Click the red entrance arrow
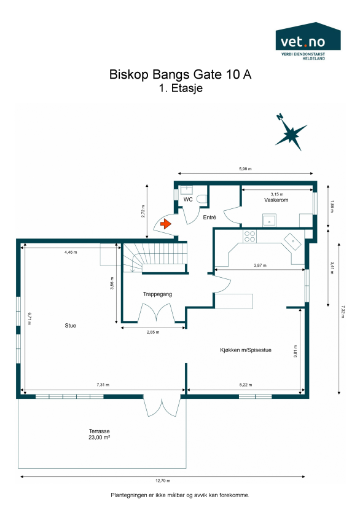(165, 225)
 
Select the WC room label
(189, 200)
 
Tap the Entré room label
(209, 218)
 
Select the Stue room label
(71, 325)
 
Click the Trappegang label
(157, 294)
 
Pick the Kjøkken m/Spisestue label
(246, 350)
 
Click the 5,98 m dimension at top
(246, 169)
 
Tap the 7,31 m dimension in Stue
(103, 385)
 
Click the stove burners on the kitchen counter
(250, 234)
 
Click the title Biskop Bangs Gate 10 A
(180, 75)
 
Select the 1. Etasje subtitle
(180, 88)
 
